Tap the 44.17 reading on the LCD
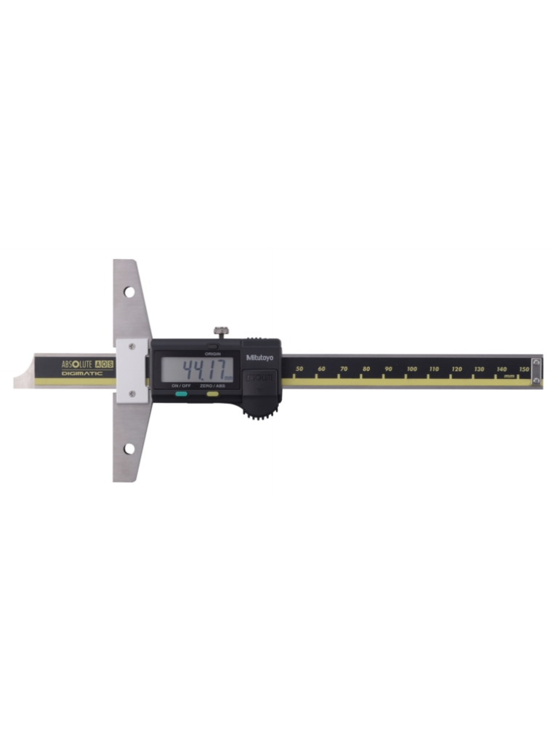coord(206,367)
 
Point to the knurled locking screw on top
coord(222,332)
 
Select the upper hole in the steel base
coord(129,292)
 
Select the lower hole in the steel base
coord(129,449)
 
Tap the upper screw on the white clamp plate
coord(132,347)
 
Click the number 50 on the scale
coord(300,370)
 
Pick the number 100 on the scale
coord(412,370)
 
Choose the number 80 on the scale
coord(366,370)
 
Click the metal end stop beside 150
coord(536,370)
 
